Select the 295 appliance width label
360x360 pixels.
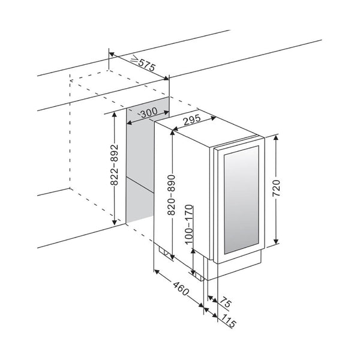point(192,120)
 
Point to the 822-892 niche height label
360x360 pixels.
point(114,164)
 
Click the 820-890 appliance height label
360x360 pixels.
point(171,195)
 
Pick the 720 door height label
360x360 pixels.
point(276,188)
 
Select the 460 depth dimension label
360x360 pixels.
point(181,289)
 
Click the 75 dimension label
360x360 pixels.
point(225,302)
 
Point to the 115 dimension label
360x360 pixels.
point(229,321)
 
